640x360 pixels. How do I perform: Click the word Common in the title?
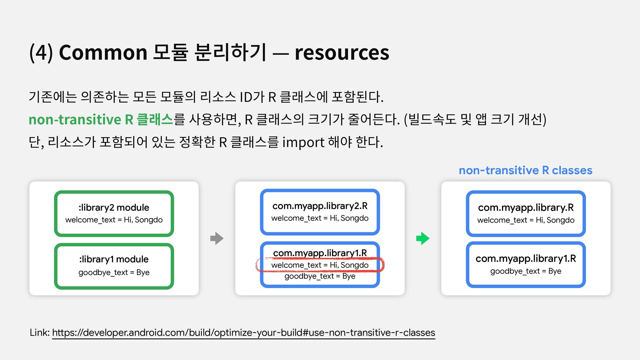pyautogui.click(x=103, y=52)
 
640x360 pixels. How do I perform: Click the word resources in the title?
pyautogui.click(x=342, y=52)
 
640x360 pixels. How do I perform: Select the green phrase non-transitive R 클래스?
pyautogui.click(x=101, y=119)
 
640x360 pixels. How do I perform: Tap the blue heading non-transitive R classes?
pyautogui.click(x=525, y=170)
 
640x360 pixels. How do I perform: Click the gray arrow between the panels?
pyautogui.click(x=217, y=238)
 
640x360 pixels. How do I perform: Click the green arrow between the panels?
pyautogui.click(x=423, y=238)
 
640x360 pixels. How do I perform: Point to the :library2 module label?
pyautogui.click(x=114, y=207)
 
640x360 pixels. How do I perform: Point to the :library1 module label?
pyautogui.click(x=114, y=259)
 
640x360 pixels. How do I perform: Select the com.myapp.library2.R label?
pyautogui.click(x=320, y=206)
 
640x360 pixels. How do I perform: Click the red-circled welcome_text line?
pyautogui.click(x=320, y=265)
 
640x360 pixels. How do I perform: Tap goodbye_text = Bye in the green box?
pyautogui.click(x=114, y=272)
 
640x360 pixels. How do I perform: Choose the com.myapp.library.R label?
pyautogui.click(x=526, y=207)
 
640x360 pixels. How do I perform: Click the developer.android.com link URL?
pyautogui.click(x=243, y=332)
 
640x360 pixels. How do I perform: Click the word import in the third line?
pyautogui.click(x=303, y=142)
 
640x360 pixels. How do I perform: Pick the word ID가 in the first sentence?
pyautogui.click(x=252, y=97)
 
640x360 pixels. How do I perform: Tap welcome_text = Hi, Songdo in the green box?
pyautogui.click(x=114, y=220)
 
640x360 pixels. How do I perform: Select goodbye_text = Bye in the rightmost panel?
pyautogui.click(x=526, y=271)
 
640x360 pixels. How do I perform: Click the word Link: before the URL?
pyautogui.click(x=40, y=332)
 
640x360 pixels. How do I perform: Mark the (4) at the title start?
pyautogui.click(x=41, y=52)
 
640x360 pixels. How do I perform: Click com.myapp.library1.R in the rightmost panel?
pyautogui.click(x=526, y=259)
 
